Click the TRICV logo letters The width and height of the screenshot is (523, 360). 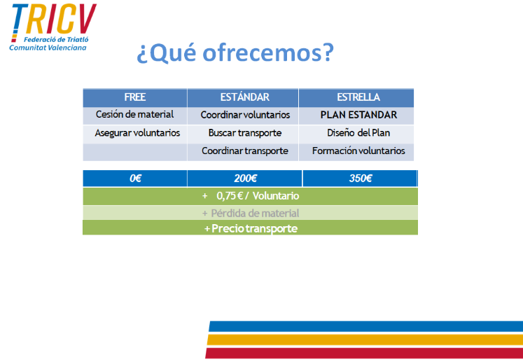[54, 20]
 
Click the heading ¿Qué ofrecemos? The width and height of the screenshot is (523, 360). [235, 53]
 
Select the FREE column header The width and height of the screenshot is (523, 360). [134, 97]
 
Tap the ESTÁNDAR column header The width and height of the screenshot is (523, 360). [244, 97]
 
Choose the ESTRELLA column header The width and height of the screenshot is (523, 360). [358, 97]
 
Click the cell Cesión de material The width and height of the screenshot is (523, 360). [134, 114]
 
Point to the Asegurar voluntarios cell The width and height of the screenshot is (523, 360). [137, 133]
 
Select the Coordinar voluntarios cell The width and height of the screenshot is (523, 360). [245, 115]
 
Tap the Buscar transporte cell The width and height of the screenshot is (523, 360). [245, 133]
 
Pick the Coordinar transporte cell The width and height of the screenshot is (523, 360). [245, 151]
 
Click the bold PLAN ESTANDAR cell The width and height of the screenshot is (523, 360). [358, 115]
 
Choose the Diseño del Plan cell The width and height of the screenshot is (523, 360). [358, 133]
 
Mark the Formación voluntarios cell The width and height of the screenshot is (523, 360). [358, 151]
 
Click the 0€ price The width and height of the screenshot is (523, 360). [135, 179]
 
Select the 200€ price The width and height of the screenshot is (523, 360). [246, 179]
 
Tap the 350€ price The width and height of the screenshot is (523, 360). [361, 179]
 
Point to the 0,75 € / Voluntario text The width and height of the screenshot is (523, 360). [258, 196]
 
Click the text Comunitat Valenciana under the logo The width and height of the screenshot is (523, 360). [48, 48]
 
